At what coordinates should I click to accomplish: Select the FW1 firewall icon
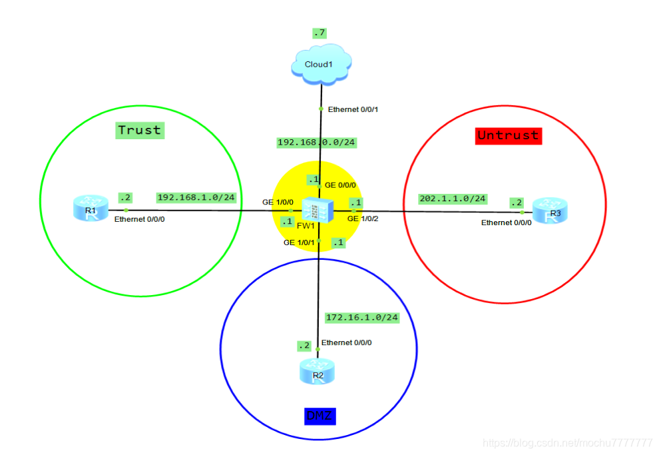[x=313, y=210]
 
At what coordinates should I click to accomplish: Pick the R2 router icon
[x=318, y=371]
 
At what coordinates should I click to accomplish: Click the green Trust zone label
[x=140, y=130]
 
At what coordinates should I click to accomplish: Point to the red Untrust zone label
[x=508, y=135]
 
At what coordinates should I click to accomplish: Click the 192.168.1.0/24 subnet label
[x=196, y=197]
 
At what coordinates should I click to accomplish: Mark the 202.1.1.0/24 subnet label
[x=453, y=199]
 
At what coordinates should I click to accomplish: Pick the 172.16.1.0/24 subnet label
[x=361, y=317]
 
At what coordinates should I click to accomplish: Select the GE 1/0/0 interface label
[x=278, y=202]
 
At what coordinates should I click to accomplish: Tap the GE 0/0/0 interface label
[x=340, y=185]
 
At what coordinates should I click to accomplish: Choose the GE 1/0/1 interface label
[x=299, y=242]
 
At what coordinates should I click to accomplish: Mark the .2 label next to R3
[x=516, y=202]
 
